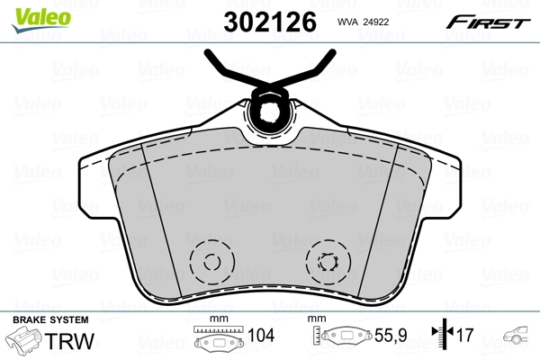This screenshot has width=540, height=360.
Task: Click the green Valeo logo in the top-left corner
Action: [x=31, y=13]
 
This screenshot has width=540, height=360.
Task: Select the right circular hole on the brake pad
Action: [x=326, y=263]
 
